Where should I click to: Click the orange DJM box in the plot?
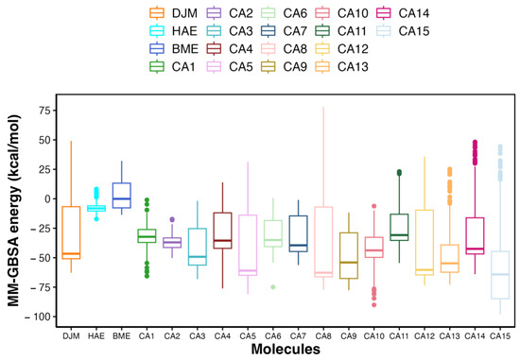70,231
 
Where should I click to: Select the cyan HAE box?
95,208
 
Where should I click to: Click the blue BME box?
121,194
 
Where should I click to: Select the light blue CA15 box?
500,275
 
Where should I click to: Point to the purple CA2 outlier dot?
171,219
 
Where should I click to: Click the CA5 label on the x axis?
247,335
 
